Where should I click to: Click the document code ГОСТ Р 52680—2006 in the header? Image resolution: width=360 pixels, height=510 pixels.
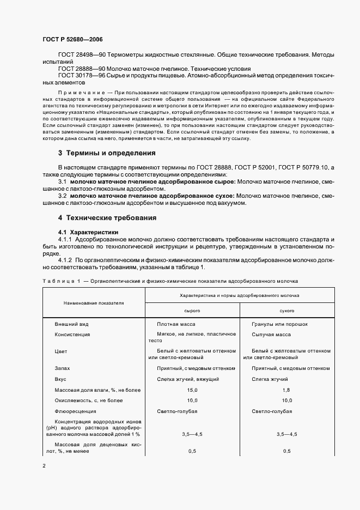(72, 40)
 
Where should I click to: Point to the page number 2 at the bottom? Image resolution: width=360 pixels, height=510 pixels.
(44, 466)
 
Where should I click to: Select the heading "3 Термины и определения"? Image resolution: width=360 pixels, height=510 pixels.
(107, 153)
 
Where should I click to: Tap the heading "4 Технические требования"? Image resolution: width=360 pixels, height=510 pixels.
(107, 218)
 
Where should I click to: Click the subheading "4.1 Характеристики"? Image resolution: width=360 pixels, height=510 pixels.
(89, 232)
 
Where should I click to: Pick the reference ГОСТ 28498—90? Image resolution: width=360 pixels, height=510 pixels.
(81, 56)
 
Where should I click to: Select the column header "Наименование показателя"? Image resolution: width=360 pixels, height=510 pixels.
(94, 302)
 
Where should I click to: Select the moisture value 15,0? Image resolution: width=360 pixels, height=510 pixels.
(192, 390)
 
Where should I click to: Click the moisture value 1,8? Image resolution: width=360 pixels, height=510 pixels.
(286, 390)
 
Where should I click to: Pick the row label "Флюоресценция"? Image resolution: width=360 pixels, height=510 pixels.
(75, 411)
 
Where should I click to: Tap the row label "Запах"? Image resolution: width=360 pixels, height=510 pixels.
(62, 368)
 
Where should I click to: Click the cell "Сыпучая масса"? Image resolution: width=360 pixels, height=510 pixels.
(271, 334)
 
